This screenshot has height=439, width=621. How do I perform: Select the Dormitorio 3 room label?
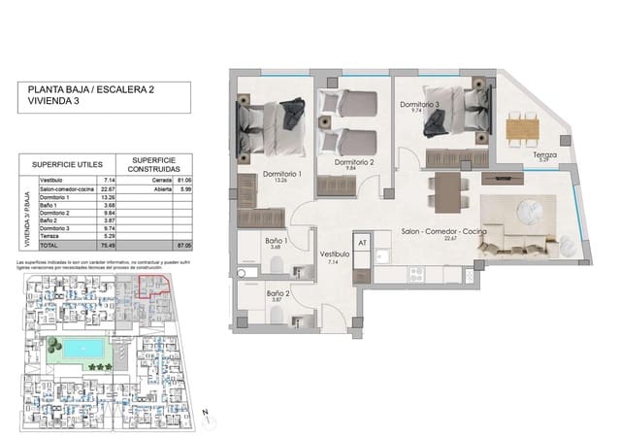pyautogui.click(x=418, y=104)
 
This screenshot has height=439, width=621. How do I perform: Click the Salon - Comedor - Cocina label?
pyautogui.click(x=442, y=232)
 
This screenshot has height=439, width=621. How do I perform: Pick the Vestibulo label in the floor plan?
pyautogui.click(x=335, y=254)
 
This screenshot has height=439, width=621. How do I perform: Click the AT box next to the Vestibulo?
pyautogui.click(x=362, y=243)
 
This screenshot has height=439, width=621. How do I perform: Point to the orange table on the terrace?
pyautogui.click(x=522, y=126)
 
